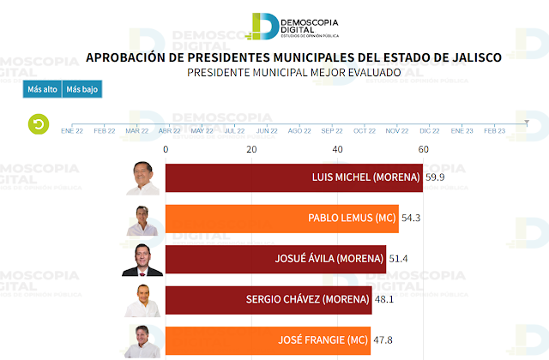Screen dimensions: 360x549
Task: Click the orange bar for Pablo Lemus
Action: click(281, 218)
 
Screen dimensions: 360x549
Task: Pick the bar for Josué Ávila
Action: click(275, 258)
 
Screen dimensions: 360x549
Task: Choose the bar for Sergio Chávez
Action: click(268, 299)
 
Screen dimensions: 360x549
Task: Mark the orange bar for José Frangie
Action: click(268, 339)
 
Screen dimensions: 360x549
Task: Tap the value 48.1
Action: click(388, 300)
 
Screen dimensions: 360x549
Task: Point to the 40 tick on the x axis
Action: click(337, 149)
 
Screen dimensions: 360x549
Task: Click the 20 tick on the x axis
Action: click(251, 149)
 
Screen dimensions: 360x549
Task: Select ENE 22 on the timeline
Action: click(72, 131)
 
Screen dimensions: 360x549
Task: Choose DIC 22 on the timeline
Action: click(430, 131)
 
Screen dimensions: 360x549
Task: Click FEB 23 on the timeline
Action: click(495, 131)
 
